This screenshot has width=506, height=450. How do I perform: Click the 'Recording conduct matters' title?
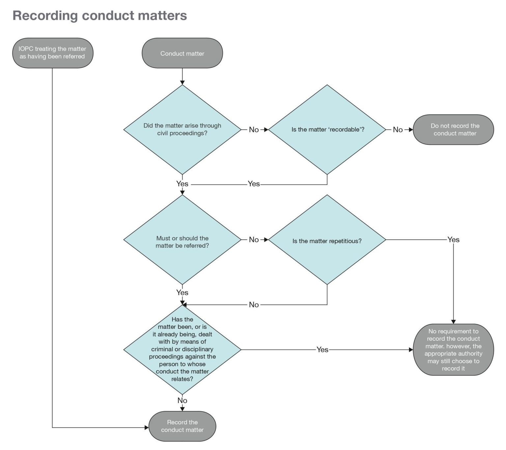click(99, 15)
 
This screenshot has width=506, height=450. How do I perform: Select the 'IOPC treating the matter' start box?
click(53, 53)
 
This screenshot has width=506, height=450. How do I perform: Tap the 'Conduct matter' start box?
click(182, 53)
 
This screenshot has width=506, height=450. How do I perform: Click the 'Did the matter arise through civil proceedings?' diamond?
click(182, 129)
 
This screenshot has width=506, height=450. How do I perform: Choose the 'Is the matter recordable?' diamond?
click(327, 129)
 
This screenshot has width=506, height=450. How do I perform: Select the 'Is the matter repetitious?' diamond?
click(327, 241)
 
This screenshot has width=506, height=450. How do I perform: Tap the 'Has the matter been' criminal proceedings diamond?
click(182, 349)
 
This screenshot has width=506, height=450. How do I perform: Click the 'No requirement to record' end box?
click(453, 350)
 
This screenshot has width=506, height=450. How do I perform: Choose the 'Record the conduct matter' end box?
click(182, 426)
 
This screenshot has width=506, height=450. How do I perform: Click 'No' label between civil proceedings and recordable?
click(254, 130)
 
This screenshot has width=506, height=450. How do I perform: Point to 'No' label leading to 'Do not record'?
click(398, 130)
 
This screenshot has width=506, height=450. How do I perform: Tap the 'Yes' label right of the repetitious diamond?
click(453, 240)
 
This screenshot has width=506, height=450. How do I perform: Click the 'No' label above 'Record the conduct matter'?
click(182, 400)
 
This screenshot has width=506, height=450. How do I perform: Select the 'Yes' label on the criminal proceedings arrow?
click(322, 350)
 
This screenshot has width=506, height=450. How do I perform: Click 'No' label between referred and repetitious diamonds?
click(254, 240)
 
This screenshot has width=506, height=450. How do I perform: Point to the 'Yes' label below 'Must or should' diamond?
click(182, 292)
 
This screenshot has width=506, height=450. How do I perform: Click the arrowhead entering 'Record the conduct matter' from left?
click(147, 428)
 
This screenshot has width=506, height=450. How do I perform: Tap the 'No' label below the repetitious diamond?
click(254, 305)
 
